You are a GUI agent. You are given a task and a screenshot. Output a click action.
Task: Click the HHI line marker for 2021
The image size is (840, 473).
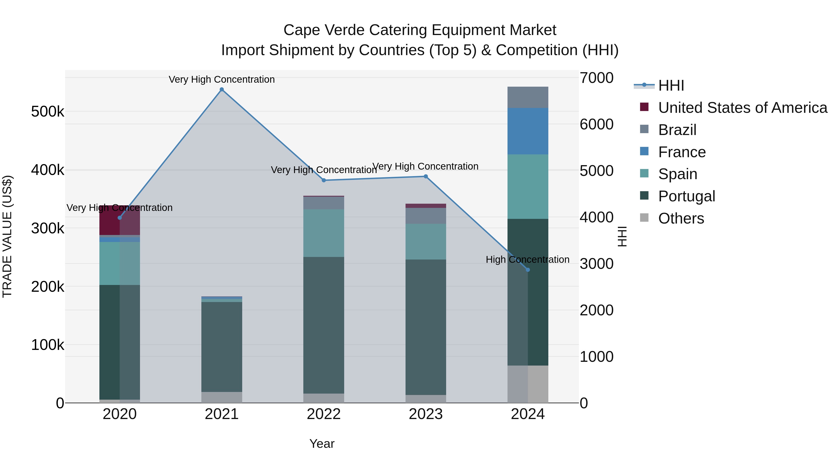(x=222, y=89)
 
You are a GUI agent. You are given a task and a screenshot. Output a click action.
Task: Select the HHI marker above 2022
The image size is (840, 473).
(x=324, y=180)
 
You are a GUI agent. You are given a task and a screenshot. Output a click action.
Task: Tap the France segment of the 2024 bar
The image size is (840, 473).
(x=528, y=131)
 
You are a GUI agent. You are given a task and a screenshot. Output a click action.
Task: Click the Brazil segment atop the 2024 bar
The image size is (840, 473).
(x=528, y=97)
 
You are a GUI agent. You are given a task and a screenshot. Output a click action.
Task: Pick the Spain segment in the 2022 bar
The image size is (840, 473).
(x=324, y=233)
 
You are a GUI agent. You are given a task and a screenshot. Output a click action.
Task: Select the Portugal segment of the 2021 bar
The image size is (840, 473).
(x=222, y=347)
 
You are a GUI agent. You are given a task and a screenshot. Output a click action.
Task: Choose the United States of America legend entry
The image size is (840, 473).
(x=742, y=108)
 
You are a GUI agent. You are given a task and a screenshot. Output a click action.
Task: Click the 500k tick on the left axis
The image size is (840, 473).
(x=48, y=112)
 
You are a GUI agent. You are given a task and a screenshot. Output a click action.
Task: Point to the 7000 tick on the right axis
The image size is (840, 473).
(x=596, y=78)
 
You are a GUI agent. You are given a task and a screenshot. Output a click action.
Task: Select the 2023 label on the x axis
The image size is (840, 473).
(x=426, y=414)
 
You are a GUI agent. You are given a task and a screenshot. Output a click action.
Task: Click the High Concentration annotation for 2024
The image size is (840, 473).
(x=527, y=260)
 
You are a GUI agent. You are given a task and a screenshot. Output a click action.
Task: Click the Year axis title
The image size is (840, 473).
(x=322, y=444)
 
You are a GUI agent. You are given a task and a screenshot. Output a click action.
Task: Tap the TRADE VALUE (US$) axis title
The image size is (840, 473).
(x=7, y=236)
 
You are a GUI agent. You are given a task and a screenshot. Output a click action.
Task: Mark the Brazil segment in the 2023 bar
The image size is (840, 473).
(x=426, y=216)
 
